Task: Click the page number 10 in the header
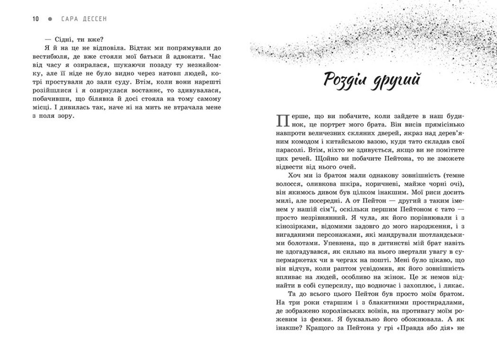click(x=35, y=18)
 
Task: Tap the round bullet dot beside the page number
click(x=50, y=18)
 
